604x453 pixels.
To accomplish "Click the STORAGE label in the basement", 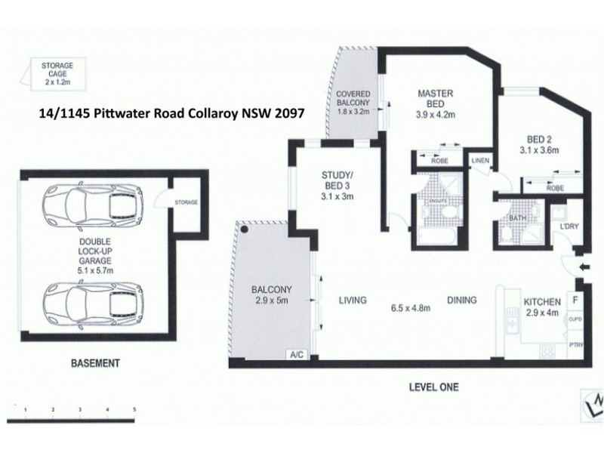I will click(x=185, y=203).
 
